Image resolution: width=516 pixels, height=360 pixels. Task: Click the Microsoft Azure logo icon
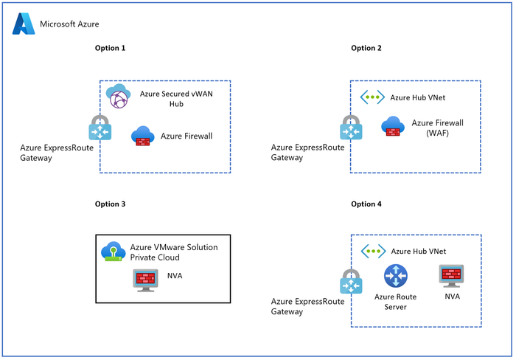click(24, 24)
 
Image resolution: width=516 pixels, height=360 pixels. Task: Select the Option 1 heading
click(111, 48)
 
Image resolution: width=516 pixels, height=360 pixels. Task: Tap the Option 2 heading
click(366, 48)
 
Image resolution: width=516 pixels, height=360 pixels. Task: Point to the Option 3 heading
click(111, 204)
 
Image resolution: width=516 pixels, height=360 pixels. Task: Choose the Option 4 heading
click(366, 204)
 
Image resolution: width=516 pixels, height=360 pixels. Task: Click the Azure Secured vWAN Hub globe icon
click(118, 97)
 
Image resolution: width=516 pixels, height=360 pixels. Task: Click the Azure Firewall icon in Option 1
click(142, 136)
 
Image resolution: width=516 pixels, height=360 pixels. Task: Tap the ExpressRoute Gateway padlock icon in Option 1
click(99, 128)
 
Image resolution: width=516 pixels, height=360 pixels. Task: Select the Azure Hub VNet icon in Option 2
click(373, 97)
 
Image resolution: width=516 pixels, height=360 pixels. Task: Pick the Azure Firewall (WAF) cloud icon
click(392, 127)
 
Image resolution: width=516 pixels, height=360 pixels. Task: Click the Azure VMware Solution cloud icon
click(113, 252)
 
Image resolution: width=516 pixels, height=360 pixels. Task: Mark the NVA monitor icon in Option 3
click(144, 279)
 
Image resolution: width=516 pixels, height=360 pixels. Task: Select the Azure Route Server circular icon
click(395, 277)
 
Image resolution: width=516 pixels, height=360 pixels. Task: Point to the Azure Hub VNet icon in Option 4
click(373, 252)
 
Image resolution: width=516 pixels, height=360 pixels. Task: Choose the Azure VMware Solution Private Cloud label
click(173, 252)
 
